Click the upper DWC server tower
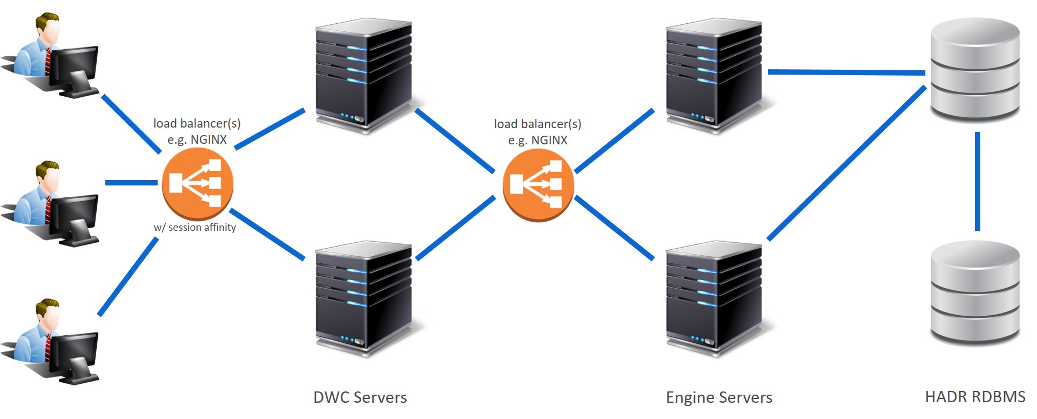(363, 76)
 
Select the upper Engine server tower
(713, 76)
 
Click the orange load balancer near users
(198, 183)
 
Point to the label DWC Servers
(360, 397)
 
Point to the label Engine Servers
(719, 397)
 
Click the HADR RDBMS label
(975, 397)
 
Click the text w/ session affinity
(195, 228)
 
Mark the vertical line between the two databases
(978, 181)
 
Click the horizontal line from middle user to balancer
(131, 183)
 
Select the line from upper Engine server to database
(846, 72)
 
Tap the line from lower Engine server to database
(846, 163)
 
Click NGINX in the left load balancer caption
(208, 139)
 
